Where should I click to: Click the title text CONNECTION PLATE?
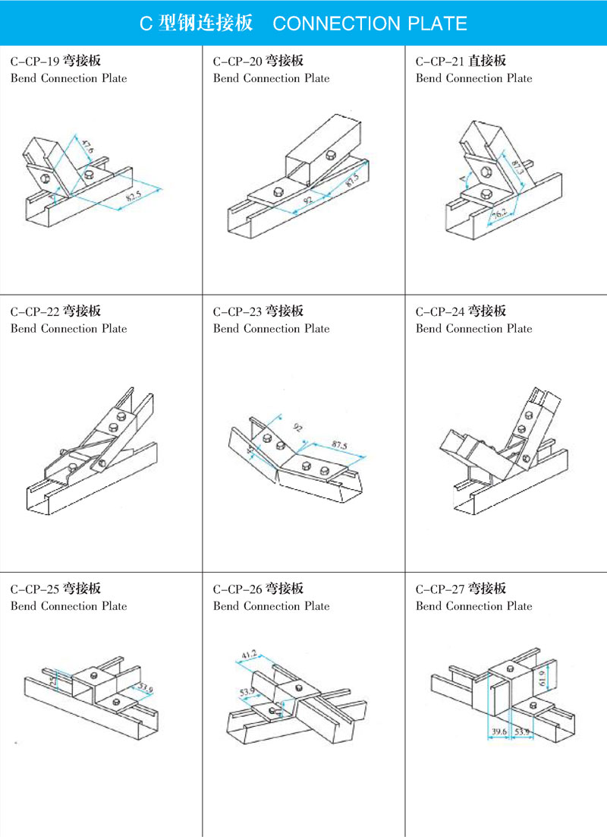click(x=369, y=24)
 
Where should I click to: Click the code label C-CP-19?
click(x=33, y=61)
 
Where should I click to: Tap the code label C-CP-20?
click(x=237, y=61)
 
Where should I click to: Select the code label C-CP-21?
click(x=439, y=61)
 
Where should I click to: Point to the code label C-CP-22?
click(x=34, y=311)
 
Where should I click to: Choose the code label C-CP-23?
click(x=237, y=311)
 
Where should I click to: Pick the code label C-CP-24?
click(x=439, y=311)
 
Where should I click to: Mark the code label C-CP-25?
click(x=34, y=589)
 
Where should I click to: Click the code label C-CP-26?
click(x=237, y=589)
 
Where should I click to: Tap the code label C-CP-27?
click(x=439, y=589)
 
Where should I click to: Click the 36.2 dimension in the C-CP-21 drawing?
click(x=498, y=215)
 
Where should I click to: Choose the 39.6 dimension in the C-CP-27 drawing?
click(x=498, y=731)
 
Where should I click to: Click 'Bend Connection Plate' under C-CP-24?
click(x=474, y=329)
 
